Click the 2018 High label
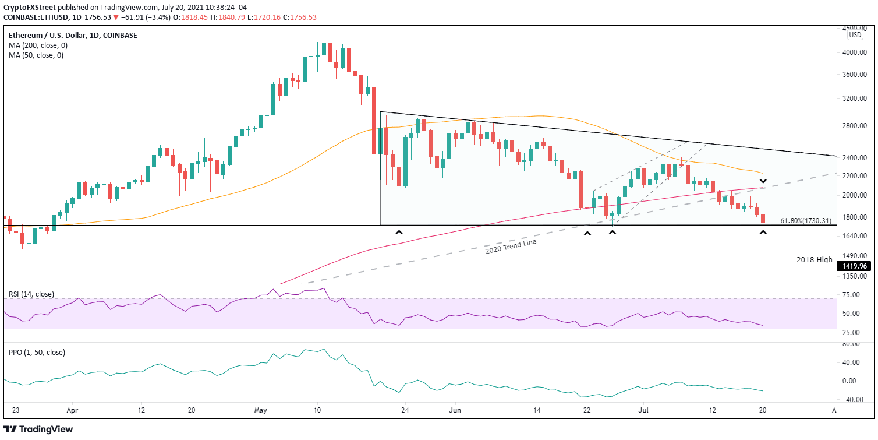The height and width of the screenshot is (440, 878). [814, 259]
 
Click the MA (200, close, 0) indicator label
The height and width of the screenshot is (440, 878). [36, 45]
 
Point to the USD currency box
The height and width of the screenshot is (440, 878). [855, 35]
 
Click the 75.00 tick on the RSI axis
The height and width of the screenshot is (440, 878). [852, 295]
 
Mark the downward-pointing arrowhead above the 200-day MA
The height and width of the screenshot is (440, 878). [763, 181]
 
